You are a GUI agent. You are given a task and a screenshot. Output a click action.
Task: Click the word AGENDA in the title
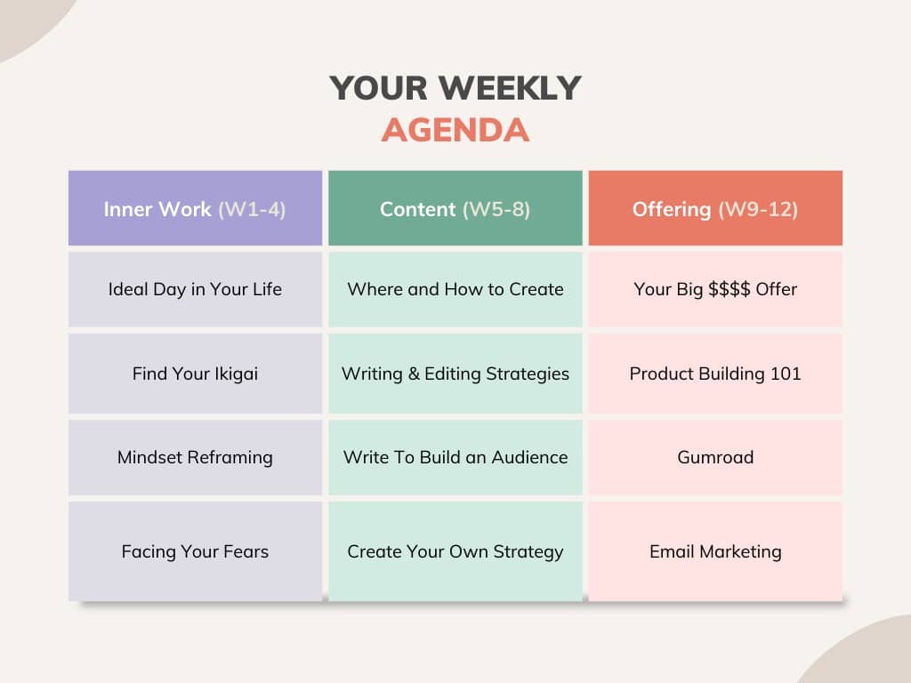pos(455,130)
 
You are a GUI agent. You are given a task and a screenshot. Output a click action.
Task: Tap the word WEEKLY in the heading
pos(510,88)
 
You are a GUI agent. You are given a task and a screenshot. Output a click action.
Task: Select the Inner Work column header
pos(195,208)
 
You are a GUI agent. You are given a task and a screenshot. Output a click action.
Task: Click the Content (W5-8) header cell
pos(455,208)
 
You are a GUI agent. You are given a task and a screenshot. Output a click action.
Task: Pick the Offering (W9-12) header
pos(715,208)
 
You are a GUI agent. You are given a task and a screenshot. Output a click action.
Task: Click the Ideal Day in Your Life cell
pos(195,289)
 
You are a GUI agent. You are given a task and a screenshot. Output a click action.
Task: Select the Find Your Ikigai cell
pos(195,374)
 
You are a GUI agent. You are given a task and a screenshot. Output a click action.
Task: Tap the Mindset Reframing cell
pos(195,458)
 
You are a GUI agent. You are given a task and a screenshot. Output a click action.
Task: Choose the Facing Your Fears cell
pos(195,551)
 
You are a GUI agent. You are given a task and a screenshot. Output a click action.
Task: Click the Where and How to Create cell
pos(455,289)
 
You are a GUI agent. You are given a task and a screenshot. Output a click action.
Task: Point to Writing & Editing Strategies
pos(455,374)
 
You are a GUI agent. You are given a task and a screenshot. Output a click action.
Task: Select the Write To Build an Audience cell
pos(455,458)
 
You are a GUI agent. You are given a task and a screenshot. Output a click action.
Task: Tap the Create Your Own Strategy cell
pos(455,551)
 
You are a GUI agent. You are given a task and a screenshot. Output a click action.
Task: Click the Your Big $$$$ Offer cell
pos(715,289)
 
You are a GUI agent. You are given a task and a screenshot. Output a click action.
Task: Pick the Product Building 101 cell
pos(715,374)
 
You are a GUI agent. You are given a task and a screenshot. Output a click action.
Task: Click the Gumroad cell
pos(715,458)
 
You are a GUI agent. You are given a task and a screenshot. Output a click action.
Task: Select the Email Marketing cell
pos(715,551)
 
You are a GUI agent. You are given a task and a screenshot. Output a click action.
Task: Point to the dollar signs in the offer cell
pos(730,289)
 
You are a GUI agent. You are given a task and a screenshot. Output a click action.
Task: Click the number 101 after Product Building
pos(786,374)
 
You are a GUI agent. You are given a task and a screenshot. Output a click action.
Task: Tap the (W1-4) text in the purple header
pos(252,209)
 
